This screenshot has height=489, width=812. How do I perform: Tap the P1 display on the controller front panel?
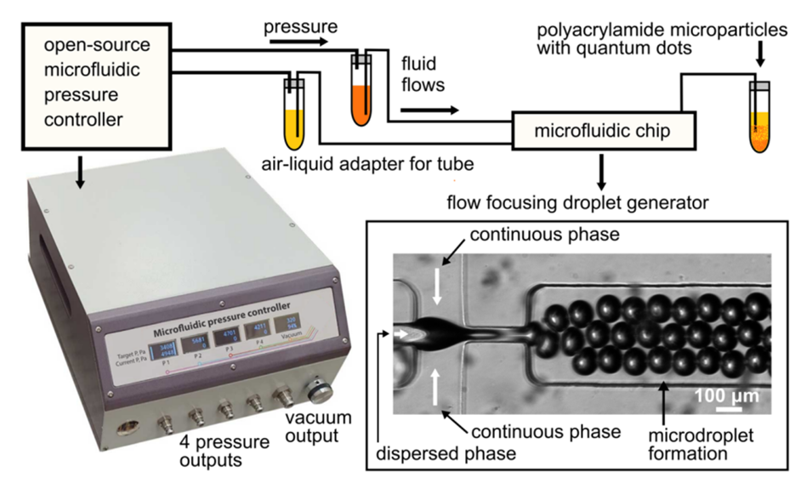pos(161,351)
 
